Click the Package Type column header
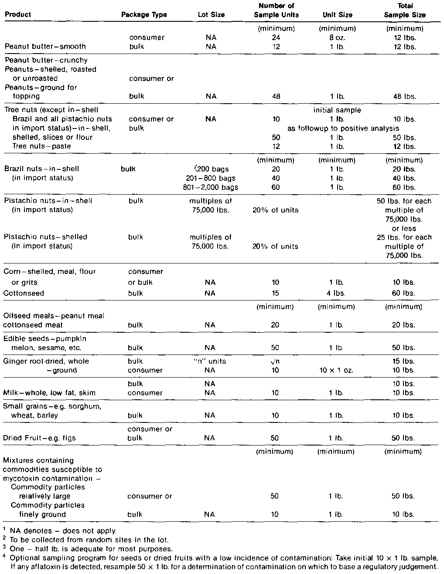coord(144,15)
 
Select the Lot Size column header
coord(211,15)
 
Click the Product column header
coord(18,15)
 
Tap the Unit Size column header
coord(337,15)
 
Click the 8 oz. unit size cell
coord(337,37)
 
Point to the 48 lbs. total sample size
coord(404,97)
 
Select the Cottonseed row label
coord(24,294)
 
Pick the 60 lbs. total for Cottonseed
coord(404,294)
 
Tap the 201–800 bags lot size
coord(211,179)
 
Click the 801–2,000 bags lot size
coord(211,188)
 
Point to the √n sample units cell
coord(275,361)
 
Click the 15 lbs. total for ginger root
coord(404,361)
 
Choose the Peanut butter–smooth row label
coord(45,47)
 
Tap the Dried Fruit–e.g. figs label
coord(39,438)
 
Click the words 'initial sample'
coord(337,110)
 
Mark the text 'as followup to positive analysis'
coord(343,128)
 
